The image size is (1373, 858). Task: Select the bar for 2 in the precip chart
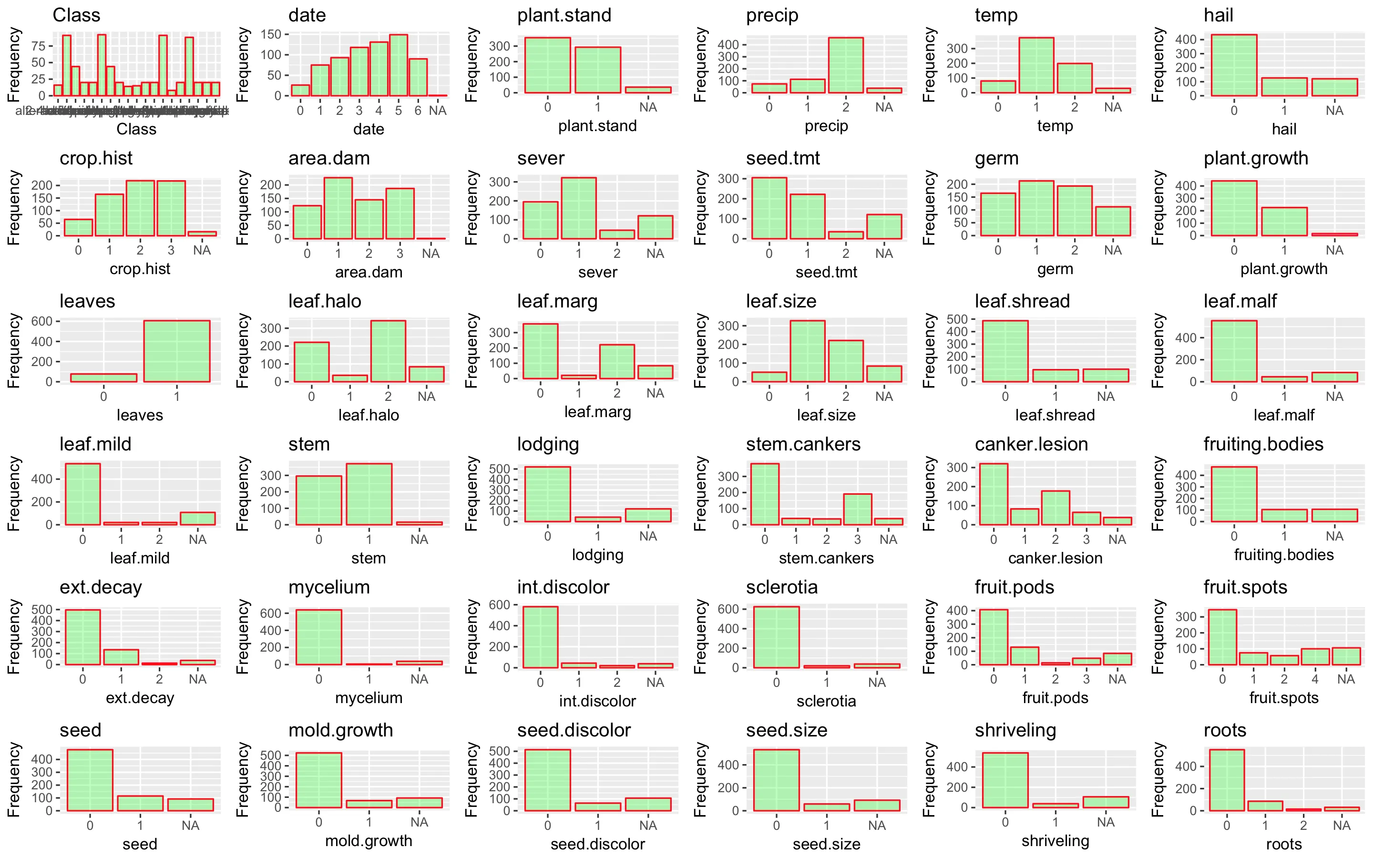tap(845, 65)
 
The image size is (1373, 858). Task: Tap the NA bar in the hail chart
tap(1334, 87)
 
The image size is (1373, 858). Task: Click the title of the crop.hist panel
tap(96, 158)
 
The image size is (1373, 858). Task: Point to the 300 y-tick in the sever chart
tap(499, 182)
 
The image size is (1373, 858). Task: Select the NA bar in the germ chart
tap(1113, 221)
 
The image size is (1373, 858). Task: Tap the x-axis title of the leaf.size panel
tap(826, 415)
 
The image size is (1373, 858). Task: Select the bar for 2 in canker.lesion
tap(1055, 507)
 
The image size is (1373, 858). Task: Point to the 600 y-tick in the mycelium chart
tap(271, 613)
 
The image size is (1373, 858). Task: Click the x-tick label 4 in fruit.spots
tap(1314, 679)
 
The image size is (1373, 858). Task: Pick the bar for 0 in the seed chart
tap(90, 780)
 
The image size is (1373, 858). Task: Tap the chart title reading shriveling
tap(1015, 730)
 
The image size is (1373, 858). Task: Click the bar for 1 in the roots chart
tap(1265, 806)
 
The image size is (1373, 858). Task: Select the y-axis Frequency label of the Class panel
tap(14, 65)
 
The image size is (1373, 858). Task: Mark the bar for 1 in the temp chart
tap(1036, 65)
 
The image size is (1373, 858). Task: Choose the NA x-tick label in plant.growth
tap(1334, 250)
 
